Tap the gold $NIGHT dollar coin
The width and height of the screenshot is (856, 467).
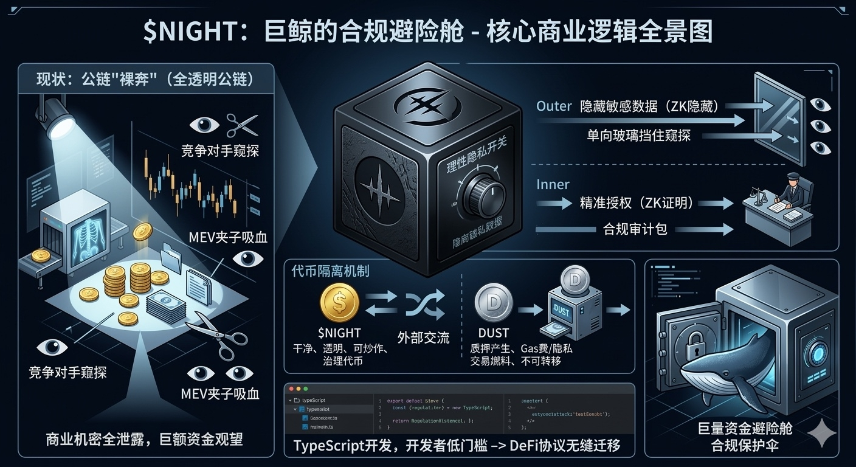click(x=339, y=302)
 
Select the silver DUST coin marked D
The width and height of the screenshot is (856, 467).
click(x=493, y=302)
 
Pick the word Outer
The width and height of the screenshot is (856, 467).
click(x=553, y=106)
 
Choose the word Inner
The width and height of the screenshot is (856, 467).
click(x=552, y=184)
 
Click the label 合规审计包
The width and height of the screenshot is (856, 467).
click(x=635, y=229)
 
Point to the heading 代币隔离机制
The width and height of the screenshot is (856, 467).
click(x=330, y=270)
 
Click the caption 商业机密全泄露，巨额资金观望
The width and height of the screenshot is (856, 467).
click(x=144, y=440)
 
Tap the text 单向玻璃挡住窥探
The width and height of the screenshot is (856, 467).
click(x=638, y=136)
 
